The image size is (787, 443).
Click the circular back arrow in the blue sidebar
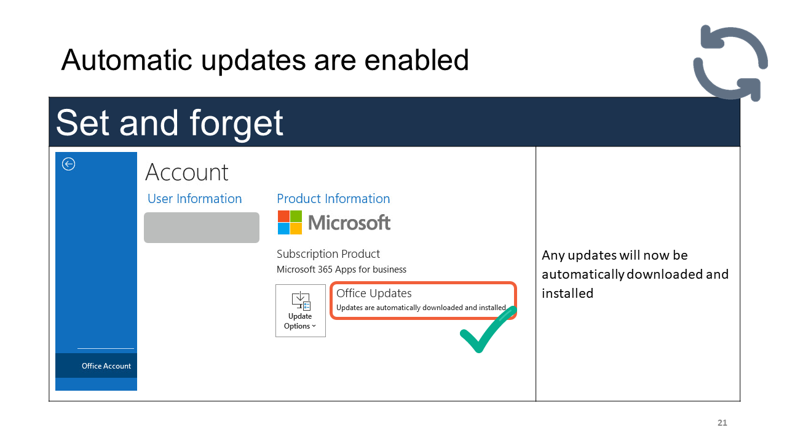click(68, 164)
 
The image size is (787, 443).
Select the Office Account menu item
click(106, 365)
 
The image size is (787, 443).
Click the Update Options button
click(301, 311)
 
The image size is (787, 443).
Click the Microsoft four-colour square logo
click(290, 223)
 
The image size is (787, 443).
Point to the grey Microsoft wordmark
click(349, 223)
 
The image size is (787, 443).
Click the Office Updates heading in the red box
click(374, 293)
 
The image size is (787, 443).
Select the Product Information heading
click(333, 199)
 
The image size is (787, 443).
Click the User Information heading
click(195, 199)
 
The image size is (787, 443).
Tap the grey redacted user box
click(202, 228)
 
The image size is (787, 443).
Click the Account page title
click(187, 172)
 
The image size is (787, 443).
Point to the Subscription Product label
click(328, 254)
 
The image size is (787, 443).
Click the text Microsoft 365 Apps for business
click(341, 269)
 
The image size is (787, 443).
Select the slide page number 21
click(722, 423)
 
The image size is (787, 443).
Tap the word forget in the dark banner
click(237, 124)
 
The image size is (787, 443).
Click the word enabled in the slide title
click(417, 60)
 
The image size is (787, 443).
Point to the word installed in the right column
click(568, 293)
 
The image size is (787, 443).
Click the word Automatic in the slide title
click(127, 60)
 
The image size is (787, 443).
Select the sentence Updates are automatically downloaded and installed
click(422, 308)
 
